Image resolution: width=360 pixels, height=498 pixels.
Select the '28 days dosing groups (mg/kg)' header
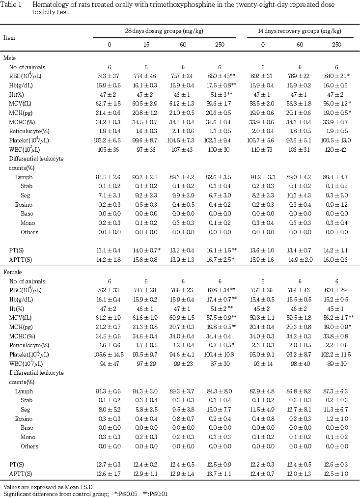[x=164, y=31]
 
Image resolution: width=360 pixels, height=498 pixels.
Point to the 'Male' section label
[x=9, y=58]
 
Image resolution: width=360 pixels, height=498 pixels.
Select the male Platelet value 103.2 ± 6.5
[x=110, y=140]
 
